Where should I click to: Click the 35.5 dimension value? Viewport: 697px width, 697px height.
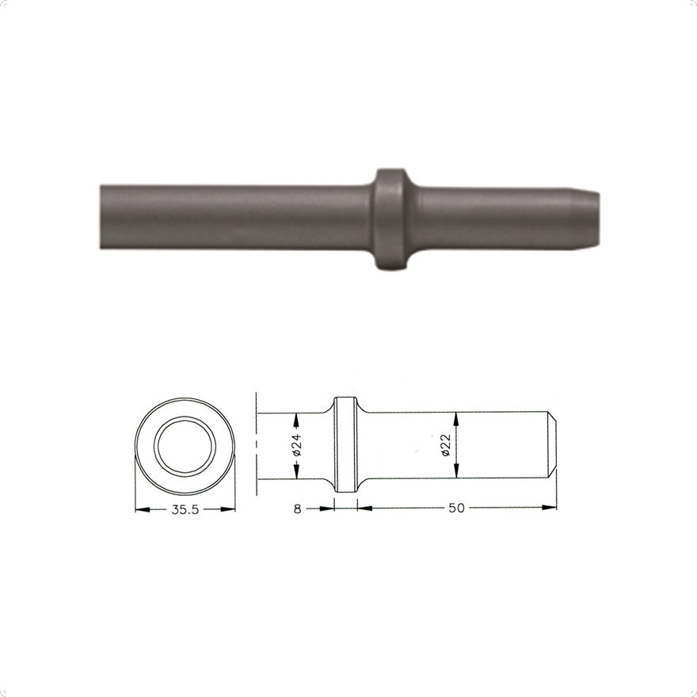[x=185, y=509]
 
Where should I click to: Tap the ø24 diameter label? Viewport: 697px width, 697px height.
[x=297, y=444]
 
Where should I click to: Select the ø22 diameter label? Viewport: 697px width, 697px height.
[x=446, y=445]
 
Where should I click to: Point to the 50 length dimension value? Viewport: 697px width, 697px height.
[x=456, y=508]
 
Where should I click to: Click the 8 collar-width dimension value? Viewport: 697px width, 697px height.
[x=297, y=508]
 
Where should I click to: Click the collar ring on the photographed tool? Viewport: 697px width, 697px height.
[x=390, y=219]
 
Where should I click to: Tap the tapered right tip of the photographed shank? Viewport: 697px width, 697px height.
[x=586, y=219]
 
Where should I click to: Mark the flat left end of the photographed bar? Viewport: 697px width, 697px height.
[x=101, y=216]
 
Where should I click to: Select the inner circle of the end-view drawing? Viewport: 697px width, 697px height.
[x=185, y=446]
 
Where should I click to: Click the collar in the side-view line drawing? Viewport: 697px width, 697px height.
[x=345, y=444]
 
